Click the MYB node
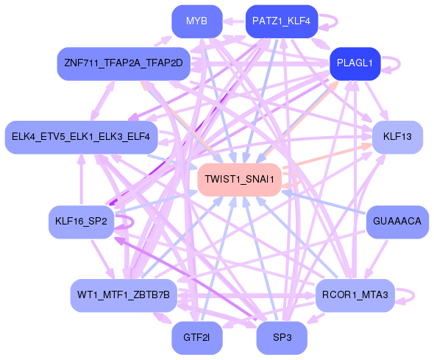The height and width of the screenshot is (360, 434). tap(196, 21)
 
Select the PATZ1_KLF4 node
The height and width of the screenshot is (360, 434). tap(281, 21)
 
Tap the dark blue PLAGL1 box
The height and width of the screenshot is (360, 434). tap(355, 63)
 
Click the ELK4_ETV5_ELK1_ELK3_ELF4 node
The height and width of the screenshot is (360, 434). tap(80, 137)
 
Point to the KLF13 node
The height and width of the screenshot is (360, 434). tap(397, 137)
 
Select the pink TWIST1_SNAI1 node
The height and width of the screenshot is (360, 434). tap(239, 180)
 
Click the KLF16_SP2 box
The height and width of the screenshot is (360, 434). tap(81, 222)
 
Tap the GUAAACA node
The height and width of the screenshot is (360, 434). tap(397, 222)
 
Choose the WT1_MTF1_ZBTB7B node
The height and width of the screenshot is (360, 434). tap(123, 295)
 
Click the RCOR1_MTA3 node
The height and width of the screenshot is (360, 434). tap(356, 295)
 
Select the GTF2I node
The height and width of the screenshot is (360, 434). tap(196, 338)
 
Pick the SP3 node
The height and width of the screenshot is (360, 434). tap(281, 338)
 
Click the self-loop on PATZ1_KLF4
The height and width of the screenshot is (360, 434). tap(329, 21)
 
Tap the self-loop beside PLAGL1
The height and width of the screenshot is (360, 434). tap(398, 63)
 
